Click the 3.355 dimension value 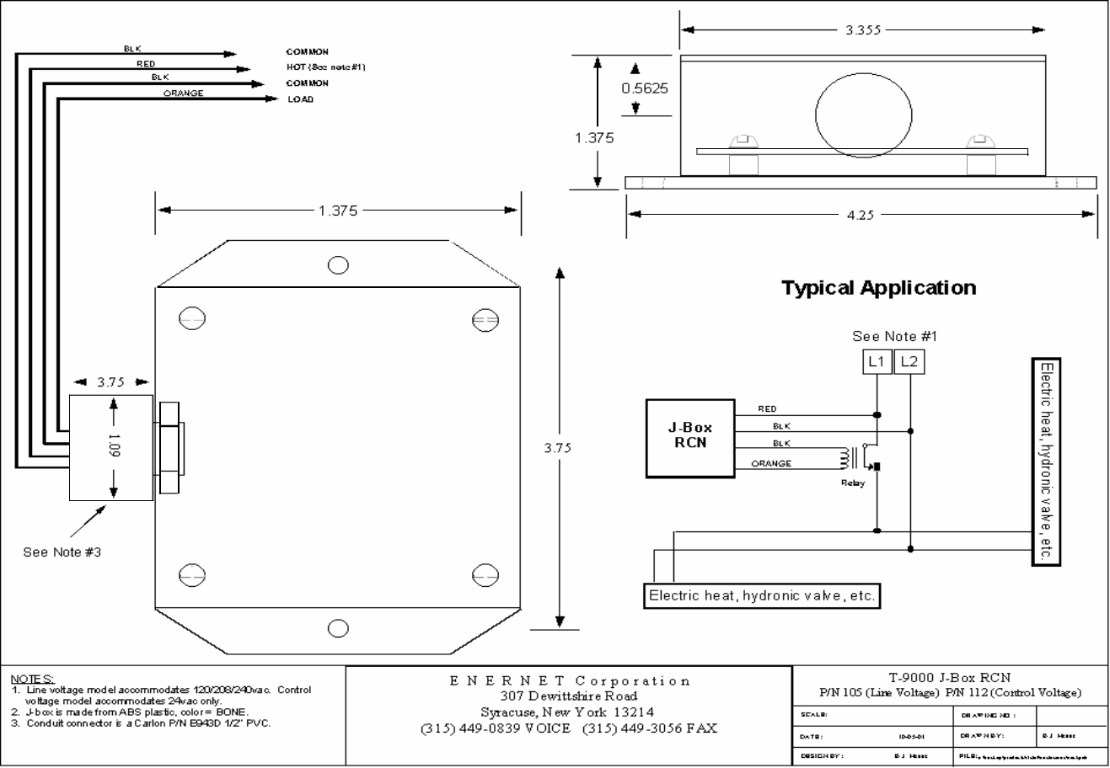(863, 30)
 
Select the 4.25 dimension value (860, 216)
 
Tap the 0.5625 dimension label (644, 88)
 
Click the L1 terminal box (877, 362)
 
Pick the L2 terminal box (908, 362)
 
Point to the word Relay (852, 483)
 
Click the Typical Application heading (878, 288)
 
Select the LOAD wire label (300, 99)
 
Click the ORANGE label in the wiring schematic (770, 464)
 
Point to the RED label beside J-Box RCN (767, 409)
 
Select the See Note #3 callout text (62, 552)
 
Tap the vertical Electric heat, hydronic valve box (1046, 462)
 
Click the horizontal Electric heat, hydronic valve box (762, 596)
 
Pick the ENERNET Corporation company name (570, 680)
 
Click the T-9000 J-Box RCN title (950, 677)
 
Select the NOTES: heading (33, 679)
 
